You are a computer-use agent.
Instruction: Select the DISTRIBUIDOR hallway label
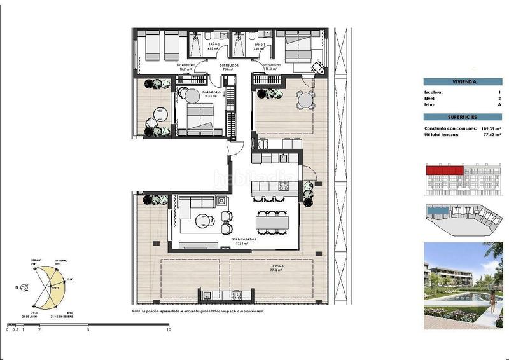229,65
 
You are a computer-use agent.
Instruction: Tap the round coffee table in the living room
202,221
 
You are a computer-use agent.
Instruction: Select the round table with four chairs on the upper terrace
307,99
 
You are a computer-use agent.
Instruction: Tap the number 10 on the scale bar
169,330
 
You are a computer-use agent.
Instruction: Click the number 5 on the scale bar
88,330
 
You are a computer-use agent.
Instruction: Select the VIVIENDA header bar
463,81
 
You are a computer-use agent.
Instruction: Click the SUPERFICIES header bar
463,118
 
